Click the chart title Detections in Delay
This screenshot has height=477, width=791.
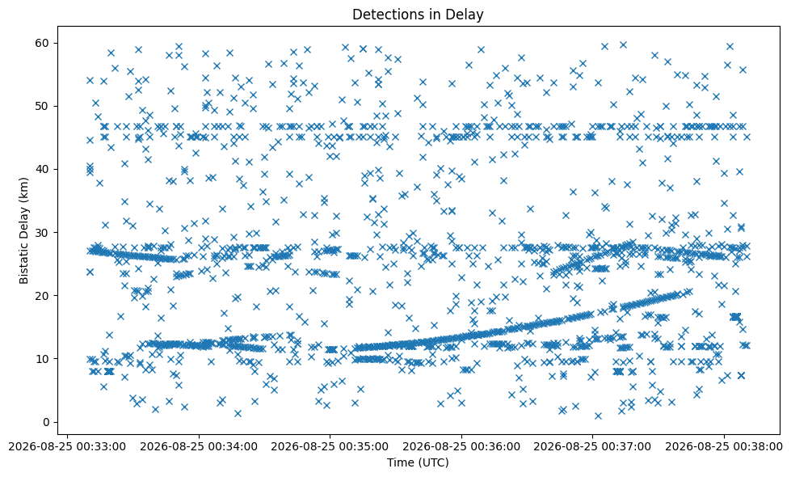point(418,14)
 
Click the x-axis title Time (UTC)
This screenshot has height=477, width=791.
point(418,462)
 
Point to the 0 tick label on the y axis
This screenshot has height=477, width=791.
point(46,423)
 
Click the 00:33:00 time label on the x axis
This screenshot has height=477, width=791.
point(68,447)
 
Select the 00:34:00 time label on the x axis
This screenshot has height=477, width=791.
point(199,447)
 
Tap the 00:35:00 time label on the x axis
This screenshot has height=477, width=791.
point(330,447)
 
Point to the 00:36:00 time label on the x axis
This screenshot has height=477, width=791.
point(461,447)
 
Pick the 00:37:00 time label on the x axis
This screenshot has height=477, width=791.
point(592,447)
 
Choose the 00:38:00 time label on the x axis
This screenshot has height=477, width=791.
point(723,447)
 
